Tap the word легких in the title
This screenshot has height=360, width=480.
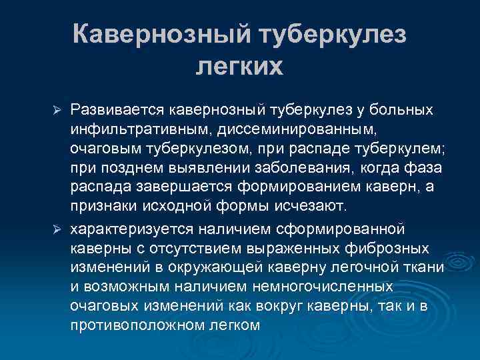(x=239, y=67)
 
